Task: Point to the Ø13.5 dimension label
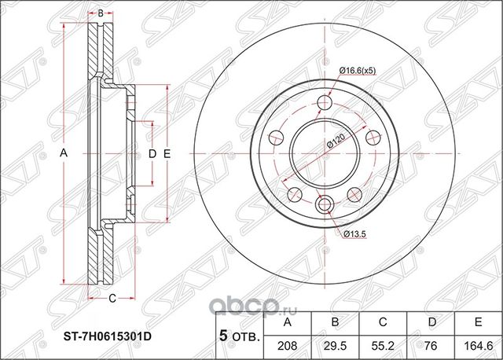[x=351, y=234]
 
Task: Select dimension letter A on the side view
[x=64, y=155]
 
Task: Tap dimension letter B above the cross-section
[x=101, y=13]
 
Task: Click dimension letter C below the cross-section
[x=112, y=298]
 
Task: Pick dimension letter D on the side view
[x=152, y=155]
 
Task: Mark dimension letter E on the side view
[x=167, y=155]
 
